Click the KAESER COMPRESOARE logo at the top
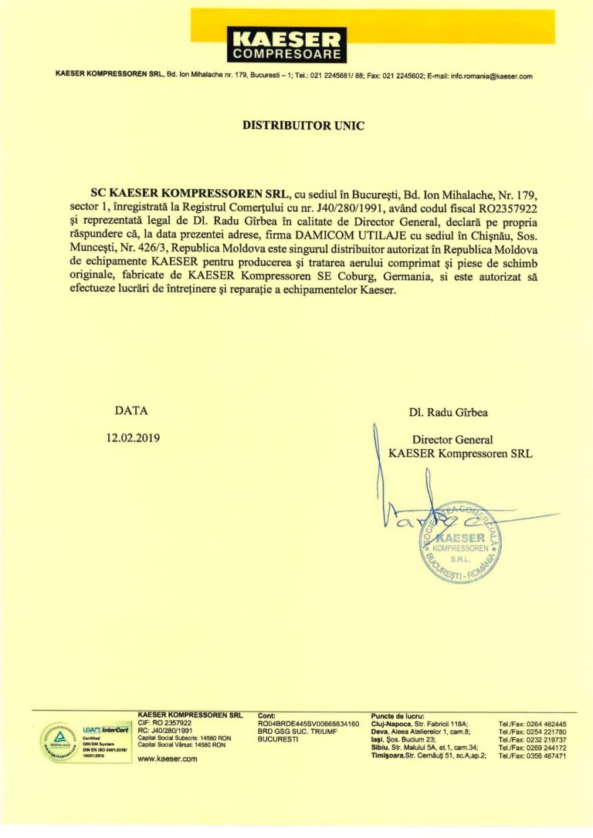[x=286, y=45]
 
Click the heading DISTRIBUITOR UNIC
[x=303, y=123]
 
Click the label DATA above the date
[x=131, y=411]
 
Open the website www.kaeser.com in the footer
[x=167, y=759]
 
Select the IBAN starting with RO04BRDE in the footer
[x=308, y=724]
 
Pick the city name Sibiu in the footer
[x=384, y=748]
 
